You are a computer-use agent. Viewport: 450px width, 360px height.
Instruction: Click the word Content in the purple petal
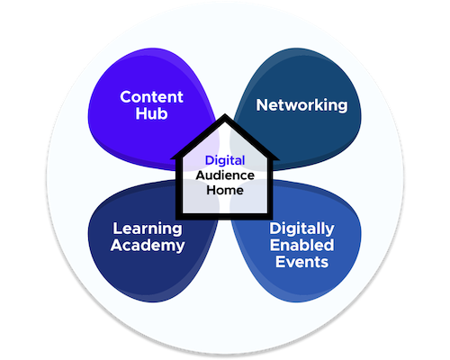151,97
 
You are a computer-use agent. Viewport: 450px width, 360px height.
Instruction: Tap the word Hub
151,113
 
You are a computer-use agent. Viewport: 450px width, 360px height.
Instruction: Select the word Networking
301,105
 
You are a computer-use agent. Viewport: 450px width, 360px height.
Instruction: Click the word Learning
148,229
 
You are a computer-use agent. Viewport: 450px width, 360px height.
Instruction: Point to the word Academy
148,246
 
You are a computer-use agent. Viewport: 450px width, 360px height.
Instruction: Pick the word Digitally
301,229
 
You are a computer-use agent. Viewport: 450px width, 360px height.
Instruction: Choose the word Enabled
301,245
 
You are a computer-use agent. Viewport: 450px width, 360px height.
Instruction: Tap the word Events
301,262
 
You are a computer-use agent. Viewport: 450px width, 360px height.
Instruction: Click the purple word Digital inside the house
225,161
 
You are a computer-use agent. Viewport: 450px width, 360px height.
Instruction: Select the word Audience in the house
225,175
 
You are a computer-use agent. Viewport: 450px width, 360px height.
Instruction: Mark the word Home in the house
225,190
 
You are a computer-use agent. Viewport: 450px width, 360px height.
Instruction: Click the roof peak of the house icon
225,114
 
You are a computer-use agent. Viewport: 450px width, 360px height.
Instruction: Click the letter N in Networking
263,105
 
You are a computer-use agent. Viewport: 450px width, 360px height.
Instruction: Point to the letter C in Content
126,97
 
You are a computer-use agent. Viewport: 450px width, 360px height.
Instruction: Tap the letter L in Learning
117,229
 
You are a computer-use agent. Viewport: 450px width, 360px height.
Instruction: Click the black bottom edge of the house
225,216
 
